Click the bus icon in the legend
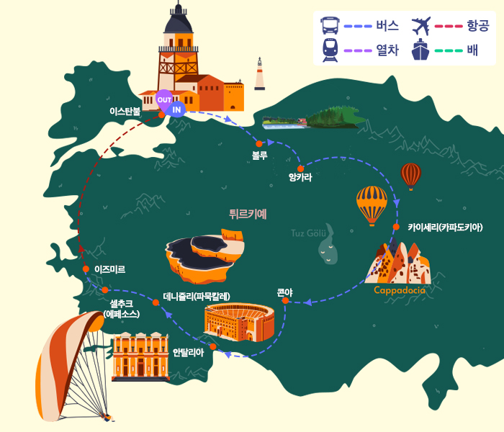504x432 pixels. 330,26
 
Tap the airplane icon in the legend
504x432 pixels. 421,26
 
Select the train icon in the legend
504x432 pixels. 330,50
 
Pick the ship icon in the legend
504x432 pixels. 420,50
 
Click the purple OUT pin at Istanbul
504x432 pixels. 164,100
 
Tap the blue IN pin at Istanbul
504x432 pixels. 176,109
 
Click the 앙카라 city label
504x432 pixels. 300,177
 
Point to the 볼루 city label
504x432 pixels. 260,156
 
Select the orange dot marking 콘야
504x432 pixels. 285,300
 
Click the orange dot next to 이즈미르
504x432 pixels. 86,269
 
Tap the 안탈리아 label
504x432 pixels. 189,353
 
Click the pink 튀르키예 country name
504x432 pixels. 248,214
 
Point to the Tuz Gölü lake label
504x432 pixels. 308,233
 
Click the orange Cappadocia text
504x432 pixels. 399,290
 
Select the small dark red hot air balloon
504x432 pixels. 411,176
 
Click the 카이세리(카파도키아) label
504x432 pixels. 445,228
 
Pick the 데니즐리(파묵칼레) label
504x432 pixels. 197,296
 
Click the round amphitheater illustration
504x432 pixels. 239,322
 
